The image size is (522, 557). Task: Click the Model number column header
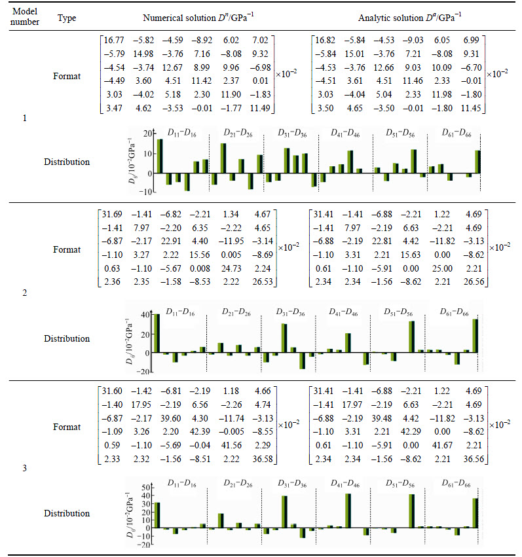pos(24,17)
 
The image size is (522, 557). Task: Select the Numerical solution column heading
pos(198,18)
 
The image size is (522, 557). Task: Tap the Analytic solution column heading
pos(410,18)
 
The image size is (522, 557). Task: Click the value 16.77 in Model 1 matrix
pos(114,40)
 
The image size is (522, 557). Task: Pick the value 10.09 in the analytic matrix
pos(441,67)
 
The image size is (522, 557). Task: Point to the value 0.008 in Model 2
pos(200,268)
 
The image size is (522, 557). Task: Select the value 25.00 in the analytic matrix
pos(442,268)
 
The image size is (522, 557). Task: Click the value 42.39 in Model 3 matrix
pos(200,431)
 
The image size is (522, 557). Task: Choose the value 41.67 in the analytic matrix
pos(442,445)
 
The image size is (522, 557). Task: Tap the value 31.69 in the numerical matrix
pos(112,214)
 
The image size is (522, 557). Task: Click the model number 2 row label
pos(24,293)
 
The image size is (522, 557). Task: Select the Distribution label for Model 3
pos(67,513)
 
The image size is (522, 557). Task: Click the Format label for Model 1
pos(67,76)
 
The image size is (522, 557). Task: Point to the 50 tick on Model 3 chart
pos(146,488)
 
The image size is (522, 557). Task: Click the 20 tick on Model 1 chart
pos(148,134)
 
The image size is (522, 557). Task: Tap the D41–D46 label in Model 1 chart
pos(345,134)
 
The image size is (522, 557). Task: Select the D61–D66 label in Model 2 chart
pos(454,312)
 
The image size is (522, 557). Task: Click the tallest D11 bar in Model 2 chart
pos(157,333)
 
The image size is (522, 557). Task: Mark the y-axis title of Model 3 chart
pos(130,514)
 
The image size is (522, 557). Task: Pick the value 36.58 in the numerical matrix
pos(263,459)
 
